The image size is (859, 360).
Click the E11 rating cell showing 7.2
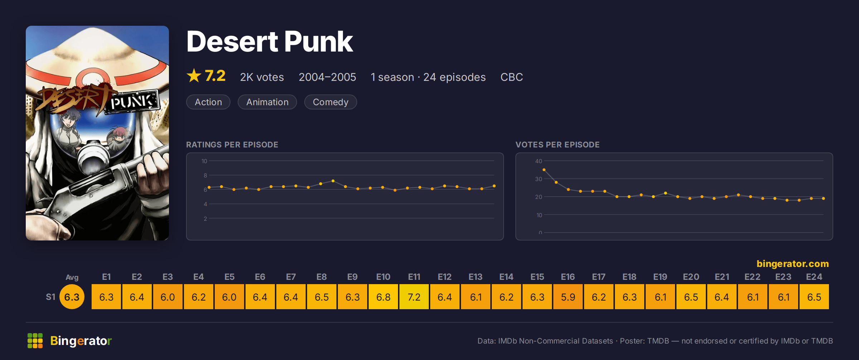coord(414,297)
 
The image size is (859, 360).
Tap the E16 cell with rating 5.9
coord(568,297)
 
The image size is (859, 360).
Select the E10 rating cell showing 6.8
coord(383,297)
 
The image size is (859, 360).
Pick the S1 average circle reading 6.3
coord(72,297)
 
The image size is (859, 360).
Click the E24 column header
coord(814,277)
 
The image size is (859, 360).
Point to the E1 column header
coord(106,277)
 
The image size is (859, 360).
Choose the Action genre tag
coord(208,102)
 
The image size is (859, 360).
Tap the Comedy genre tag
coord(330,102)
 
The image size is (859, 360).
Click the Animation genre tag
coord(267,102)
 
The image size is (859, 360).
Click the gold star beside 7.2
coord(194,76)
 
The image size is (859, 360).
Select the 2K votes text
coord(262,77)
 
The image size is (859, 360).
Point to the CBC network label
coord(511,77)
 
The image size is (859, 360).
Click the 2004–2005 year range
coord(327,77)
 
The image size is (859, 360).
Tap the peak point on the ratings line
coord(333,181)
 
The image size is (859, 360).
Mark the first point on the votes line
coord(544,170)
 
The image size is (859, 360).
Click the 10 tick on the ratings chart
coord(204,161)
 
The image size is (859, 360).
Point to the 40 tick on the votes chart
coord(539,161)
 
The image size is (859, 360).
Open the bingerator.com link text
coord(793,264)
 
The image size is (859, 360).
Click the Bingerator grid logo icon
coord(35,341)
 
